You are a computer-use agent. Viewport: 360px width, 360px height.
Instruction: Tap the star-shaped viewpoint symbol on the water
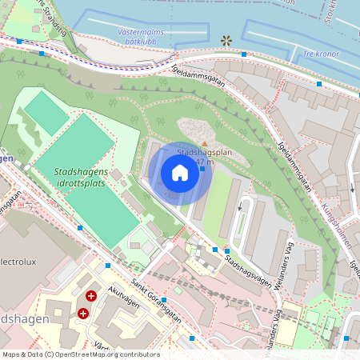[x=226, y=39]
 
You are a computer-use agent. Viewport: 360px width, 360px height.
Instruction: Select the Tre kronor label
[x=321, y=54]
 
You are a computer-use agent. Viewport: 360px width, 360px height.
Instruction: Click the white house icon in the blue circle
[x=180, y=173]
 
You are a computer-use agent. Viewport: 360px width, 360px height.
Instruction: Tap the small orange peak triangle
[x=203, y=143]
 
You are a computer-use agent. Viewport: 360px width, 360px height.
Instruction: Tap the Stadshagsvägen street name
[x=247, y=268]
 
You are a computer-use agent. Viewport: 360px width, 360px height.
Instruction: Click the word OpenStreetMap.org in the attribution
[x=95, y=354]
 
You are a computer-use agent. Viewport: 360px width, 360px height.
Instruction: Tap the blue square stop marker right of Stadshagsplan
[x=202, y=168]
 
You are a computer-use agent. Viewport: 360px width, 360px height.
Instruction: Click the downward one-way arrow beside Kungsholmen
[x=351, y=188]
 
